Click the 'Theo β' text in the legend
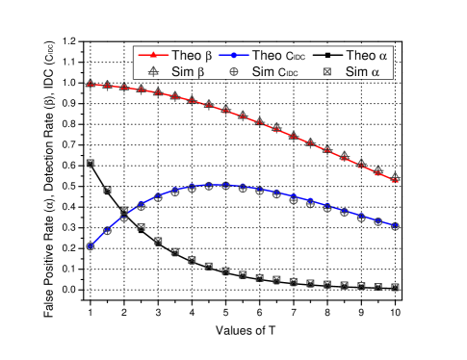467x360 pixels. pos(192,56)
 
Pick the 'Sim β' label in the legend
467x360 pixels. pos(191,71)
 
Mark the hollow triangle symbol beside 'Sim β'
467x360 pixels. pos(152,71)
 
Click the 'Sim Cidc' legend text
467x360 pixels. pos(276,71)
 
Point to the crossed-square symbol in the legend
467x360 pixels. pos(325,71)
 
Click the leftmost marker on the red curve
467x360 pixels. pos(91,85)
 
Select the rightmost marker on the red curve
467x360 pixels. pos(395,179)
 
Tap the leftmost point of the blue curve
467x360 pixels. pos(91,246)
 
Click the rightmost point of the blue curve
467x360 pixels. pos(395,226)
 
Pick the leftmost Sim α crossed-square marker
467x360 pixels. pos(91,163)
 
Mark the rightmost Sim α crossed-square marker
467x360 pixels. pos(395,287)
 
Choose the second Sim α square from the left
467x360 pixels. pos(107,189)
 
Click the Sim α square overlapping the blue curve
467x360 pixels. pos(124,211)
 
